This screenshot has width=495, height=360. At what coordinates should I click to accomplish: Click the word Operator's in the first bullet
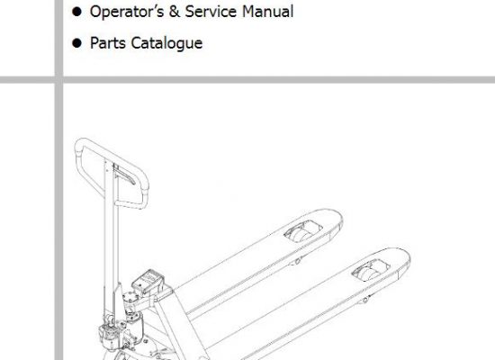[127, 12]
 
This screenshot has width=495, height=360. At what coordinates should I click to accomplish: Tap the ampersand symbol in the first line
[175, 12]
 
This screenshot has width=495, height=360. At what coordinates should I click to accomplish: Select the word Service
[211, 12]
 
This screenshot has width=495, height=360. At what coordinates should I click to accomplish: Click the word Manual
[268, 12]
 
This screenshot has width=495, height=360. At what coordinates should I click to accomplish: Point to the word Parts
[108, 43]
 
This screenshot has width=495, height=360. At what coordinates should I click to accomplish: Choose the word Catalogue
[166, 43]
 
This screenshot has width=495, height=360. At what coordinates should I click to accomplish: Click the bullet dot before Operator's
[76, 12]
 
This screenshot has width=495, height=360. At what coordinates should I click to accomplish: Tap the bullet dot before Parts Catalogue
[76, 43]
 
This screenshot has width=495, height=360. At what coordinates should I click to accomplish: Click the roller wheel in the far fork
[302, 233]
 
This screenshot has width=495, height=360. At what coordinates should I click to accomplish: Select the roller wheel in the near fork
[370, 272]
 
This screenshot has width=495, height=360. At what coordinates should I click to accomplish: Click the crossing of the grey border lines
[58, 79]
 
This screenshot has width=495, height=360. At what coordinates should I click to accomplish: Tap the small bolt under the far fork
[297, 261]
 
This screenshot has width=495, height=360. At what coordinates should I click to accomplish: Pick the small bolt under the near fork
[364, 300]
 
